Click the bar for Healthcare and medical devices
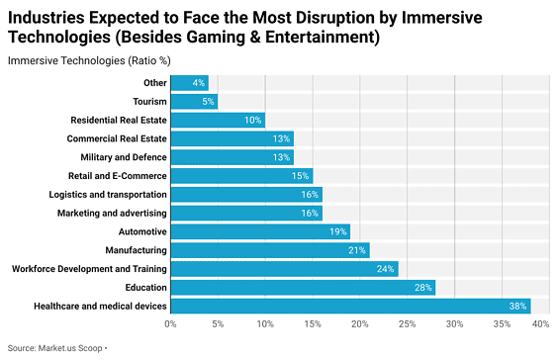(350, 306)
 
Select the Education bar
(303, 287)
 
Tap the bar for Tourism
(194, 101)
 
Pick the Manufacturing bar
(269, 250)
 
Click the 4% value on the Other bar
(199, 83)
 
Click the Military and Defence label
(124, 157)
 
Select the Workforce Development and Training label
(89, 269)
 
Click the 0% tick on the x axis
(170, 324)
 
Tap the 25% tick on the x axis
(407, 324)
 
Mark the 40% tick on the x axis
(540, 324)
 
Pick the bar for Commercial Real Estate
(232, 138)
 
